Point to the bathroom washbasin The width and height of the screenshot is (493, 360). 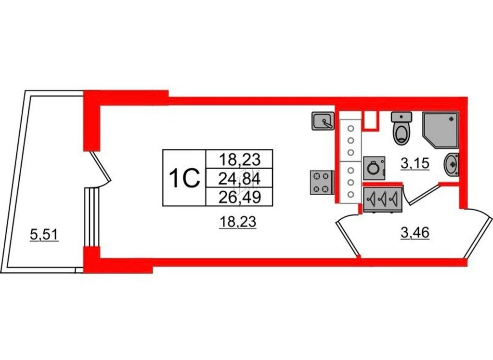coord(452,164)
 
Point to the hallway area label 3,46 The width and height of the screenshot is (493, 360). coord(415,234)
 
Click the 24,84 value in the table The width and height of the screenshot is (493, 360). coord(239,179)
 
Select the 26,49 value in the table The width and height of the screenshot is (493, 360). coord(239,196)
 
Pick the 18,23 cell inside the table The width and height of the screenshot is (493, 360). coord(239,158)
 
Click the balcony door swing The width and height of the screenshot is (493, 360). coord(102,171)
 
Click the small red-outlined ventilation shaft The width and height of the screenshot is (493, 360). coord(370,120)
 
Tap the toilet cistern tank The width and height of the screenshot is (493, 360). coord(402,117)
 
